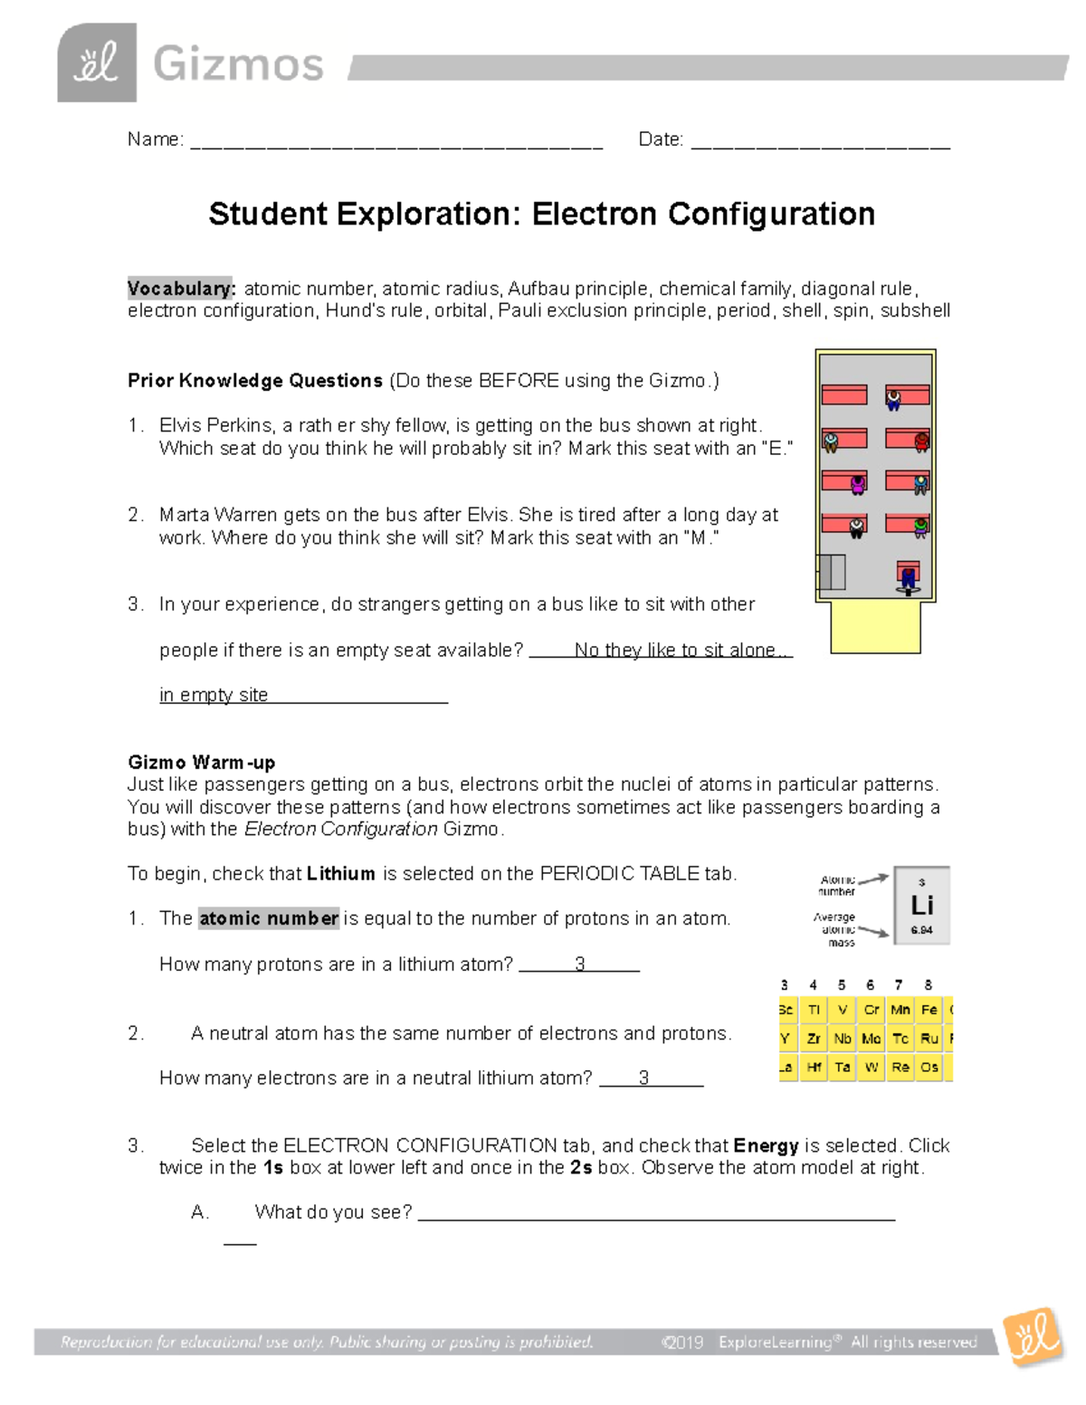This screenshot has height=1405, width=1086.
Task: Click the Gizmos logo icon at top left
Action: [97, 63]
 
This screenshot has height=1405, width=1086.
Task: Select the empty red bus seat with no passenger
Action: [843, 394]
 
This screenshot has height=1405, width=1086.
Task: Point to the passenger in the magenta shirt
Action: [858, 485]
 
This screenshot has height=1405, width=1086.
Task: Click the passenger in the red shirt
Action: [921, 441]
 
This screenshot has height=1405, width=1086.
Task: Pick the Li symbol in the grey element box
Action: [921, 906]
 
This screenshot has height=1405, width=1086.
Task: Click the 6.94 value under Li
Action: [921, 930]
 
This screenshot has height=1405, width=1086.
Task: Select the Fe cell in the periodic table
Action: [929, 1010]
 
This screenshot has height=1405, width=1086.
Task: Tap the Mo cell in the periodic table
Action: [871, 1039]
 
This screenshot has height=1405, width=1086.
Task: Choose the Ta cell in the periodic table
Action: [843, 1068]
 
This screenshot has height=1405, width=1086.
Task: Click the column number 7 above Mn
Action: [899, 985]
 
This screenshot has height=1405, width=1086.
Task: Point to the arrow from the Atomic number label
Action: [872, 878]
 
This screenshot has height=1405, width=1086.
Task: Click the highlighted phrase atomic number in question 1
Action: [269, 918]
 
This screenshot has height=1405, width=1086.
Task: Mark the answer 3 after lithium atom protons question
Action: [579, 964]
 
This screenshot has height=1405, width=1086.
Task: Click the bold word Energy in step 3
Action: [766, 1145]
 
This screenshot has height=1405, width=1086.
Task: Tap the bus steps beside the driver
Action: [832, 573]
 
